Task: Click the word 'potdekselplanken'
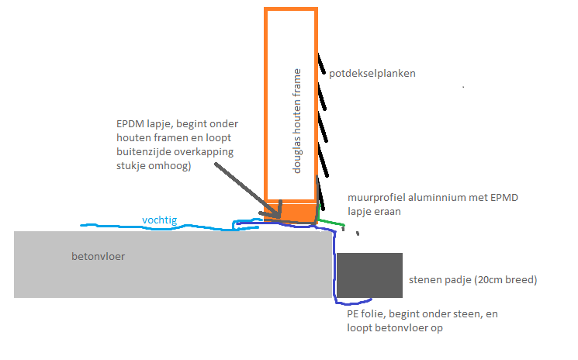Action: (x=372, y=74)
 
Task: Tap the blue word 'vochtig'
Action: (x=159, y=220)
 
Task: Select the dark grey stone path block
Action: (x=369, y=275)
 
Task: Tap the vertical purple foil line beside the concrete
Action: (x=334, y=264)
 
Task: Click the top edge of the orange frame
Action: (x=290, y=9)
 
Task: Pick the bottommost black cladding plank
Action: (x=322, y=203)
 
